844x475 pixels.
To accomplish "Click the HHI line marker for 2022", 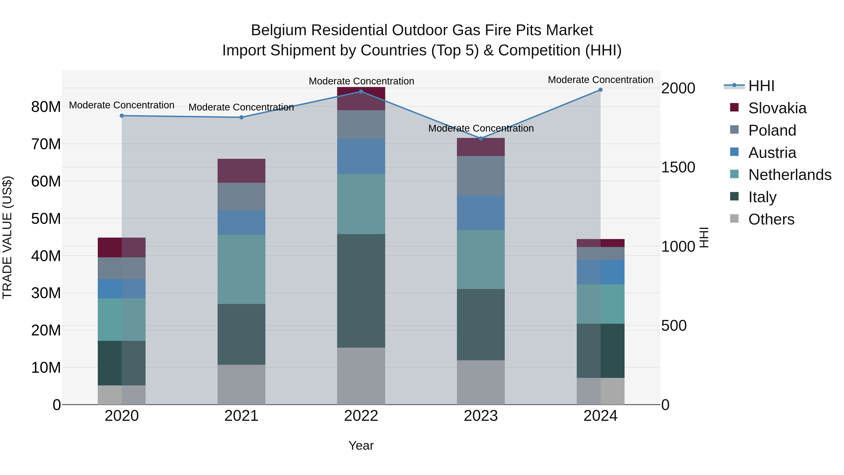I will point(361,91).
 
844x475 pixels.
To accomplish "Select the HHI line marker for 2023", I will point(481,138).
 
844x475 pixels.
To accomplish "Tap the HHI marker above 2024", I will point(600,90).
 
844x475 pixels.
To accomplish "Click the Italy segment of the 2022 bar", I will point(361,291).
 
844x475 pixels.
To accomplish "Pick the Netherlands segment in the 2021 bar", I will point(241,270).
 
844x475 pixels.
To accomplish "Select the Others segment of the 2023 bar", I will point(481,383).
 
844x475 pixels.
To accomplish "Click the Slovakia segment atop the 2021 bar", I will point(241,171).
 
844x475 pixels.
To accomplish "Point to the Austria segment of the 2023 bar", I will point(481,213).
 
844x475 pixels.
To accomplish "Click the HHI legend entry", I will point(761,86).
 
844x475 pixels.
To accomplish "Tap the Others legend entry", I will point(771,219).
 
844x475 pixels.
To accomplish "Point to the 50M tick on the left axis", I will point(46,219).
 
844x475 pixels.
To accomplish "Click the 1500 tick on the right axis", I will point(678,167).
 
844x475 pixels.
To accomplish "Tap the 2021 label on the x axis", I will point(241,416).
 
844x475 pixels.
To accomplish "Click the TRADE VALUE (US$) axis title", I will point(7,237).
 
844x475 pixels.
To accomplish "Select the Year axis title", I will point(361,445).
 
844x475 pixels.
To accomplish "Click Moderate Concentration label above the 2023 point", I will point(481,128).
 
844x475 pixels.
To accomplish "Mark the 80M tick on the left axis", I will point(46,107).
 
